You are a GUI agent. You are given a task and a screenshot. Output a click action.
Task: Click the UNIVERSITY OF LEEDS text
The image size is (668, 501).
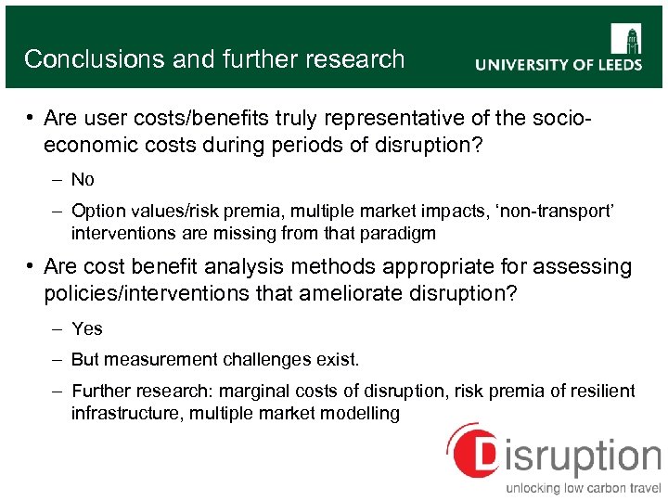pos(559,65)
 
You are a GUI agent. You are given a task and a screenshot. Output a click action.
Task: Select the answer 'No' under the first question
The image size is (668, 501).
pos(83,180)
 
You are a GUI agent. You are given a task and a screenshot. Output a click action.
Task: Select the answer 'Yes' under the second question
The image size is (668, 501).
pos(86,328)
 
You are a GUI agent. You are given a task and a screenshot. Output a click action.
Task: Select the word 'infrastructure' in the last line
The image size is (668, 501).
pos(127,413)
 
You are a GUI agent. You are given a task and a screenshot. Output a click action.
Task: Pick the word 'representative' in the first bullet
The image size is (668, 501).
pos(399,119)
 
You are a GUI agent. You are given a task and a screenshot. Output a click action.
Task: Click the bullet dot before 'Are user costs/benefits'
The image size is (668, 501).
pos(31,120)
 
